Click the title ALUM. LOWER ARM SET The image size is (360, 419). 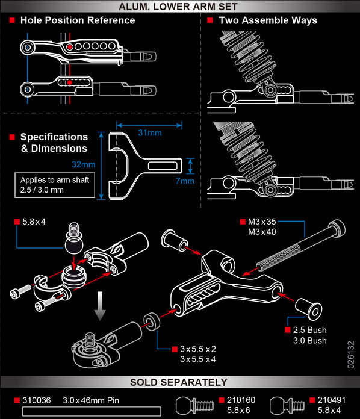click(180, 7)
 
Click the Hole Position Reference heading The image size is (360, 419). click(77, 20)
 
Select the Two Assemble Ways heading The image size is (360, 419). click(267, 20)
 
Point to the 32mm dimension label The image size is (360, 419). click(84, 164)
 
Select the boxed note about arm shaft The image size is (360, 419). click(55, 185)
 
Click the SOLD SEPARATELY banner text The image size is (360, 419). click(180, 382)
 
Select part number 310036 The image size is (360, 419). click(38, 399)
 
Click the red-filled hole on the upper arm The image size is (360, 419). click(70, 46)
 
